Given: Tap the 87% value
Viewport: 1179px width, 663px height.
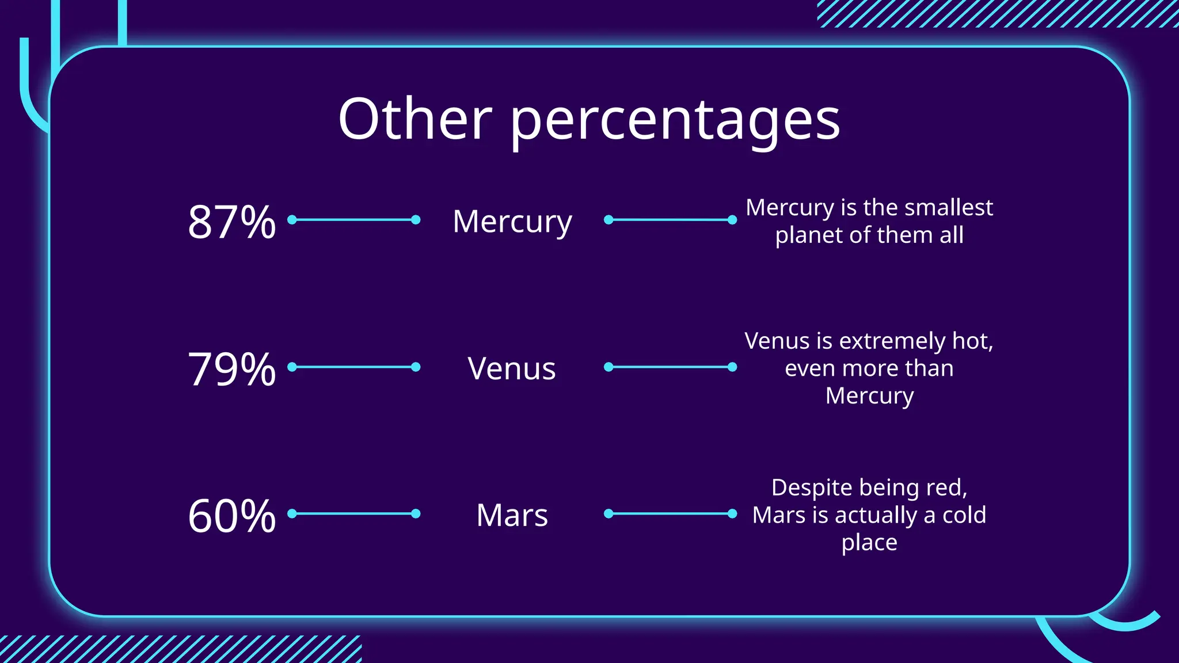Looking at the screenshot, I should (231, 222).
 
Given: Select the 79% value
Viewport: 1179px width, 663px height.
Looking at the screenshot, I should (231, 369).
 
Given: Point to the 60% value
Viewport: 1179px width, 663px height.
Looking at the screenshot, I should (231, 516).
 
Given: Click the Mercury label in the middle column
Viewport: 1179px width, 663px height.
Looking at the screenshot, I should (512, 222).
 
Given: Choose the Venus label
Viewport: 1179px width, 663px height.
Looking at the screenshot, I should (511, 369).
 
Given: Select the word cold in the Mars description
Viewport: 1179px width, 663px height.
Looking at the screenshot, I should (964, 515).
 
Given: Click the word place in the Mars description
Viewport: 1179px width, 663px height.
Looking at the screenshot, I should (869, 543).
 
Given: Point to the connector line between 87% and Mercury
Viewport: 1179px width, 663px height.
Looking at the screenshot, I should (353, 220).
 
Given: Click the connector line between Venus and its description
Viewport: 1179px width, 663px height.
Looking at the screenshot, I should (670, 367).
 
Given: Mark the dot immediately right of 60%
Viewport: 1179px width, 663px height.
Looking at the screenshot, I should (292, 513).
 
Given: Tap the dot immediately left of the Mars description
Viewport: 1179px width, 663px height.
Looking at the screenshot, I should (732, 513).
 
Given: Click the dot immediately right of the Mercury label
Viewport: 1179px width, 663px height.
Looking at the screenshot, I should (608, 220).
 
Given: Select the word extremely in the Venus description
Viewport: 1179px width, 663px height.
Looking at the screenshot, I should (892, 341).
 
